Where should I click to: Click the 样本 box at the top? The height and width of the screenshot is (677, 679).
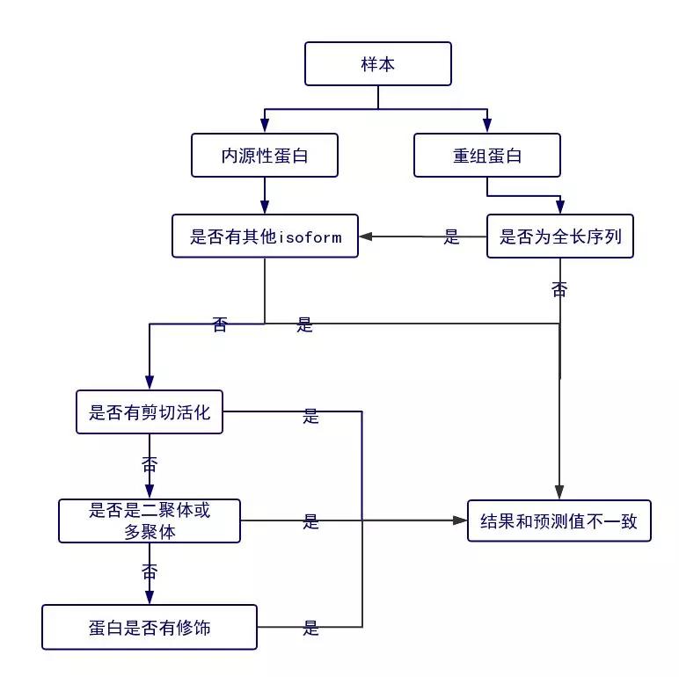pos(378,64)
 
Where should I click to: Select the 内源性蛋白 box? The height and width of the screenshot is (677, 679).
pos(265,156)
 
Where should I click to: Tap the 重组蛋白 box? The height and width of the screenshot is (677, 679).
pos(487,156)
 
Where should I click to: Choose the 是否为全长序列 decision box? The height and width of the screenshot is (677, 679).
pos(560,237)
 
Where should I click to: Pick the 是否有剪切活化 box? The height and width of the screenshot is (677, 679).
pos(150,412)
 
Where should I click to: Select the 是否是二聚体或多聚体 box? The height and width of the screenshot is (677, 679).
pos(150,520)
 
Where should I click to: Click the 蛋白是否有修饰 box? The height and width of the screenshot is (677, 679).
pos(150,628)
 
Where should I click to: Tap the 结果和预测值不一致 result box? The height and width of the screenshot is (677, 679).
pos(559,521)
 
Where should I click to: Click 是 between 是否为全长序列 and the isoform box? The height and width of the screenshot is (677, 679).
pos(452,237)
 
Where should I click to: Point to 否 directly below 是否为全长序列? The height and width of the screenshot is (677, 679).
pos(559,289)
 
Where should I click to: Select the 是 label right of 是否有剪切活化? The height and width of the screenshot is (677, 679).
pos(310,416)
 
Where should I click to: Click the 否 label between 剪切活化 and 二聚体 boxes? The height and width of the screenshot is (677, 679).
pos(150,464)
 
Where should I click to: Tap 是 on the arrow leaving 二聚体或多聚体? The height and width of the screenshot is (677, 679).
pos(310,521)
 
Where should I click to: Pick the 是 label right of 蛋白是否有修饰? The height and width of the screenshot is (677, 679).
pos(310,628)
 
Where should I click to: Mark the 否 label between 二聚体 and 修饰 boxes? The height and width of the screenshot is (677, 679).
pos(150,571)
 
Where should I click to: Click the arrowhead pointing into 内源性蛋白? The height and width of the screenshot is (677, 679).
pos(265,127)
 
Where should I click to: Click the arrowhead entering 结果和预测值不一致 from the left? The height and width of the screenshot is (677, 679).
pos(460,521)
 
